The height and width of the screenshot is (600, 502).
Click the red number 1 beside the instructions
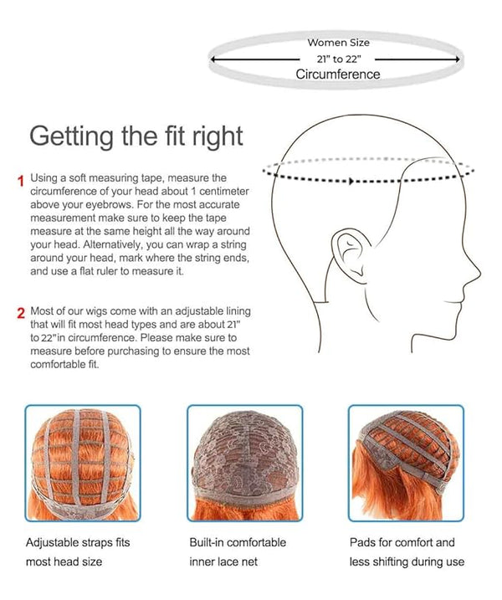click(x=21, y=181)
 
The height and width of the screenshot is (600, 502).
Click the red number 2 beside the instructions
click(x=21, y=313)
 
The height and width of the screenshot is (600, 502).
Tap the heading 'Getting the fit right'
click(x=136, y=137)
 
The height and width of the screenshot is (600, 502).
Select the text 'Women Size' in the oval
click(x=338, y=43)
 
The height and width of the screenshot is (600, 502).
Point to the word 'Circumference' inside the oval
click(x=338, y=74)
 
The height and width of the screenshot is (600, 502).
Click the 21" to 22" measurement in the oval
click(x=339, y=59)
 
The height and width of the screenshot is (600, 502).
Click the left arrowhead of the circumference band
click(x=213, y=59)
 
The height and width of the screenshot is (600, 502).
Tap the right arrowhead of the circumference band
click(x=457, y=59)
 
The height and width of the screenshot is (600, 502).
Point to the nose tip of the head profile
click(x=479, y=273)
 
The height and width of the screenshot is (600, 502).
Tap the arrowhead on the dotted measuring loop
click(x=351, y=181)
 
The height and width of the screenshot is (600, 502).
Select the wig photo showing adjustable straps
click(x=83, y=463)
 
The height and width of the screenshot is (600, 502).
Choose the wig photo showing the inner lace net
click(x=245, y=463)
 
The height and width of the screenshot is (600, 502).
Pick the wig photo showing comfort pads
click(x=406, y=463)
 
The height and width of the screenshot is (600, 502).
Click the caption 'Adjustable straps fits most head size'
click(x=78, y=551)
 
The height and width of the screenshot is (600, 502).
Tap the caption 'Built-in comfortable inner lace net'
click(x=238, y=551)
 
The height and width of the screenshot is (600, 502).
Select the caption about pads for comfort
click(x=407, y=551)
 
